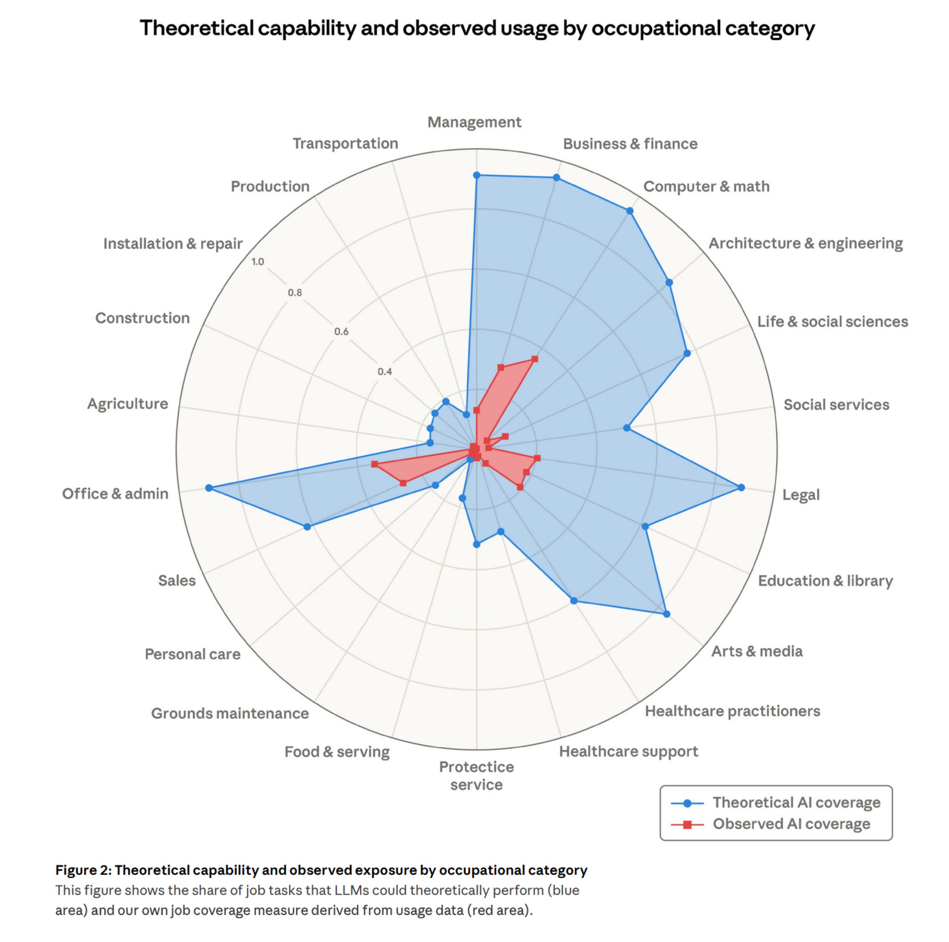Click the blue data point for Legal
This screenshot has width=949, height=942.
pyautogui.click(x=741, y=488)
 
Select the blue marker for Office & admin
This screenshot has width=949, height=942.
pyautogui.click(x=209, y=488)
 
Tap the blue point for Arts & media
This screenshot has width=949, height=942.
pyautogui.click(x=666, y=614)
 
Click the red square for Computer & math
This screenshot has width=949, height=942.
pyautogui.click(x=535, y=359)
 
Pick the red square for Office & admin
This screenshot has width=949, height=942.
pyautogui.click(x=374, y=464)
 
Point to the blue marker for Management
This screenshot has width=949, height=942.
pyautogui.click(x=476, y=175)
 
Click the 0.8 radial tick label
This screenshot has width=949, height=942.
pyautogui.click(x=295, y=293)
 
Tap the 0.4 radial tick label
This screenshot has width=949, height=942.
pyautogui.click(x=385, y=371)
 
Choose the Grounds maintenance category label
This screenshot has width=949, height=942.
pyautogui.click(x=230, y=713)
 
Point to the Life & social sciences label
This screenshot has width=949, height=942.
pyautogui.click(x=832, y=321)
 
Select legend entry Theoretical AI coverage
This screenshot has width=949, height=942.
pyautogui.click(x=796, y=802)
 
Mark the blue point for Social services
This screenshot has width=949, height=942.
pyautogui.click(x=627, y=427)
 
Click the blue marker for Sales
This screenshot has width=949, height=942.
pyautogui.click(x=307, y=527)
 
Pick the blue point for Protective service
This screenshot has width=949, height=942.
pyautogui.click(x=476, y=544)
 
